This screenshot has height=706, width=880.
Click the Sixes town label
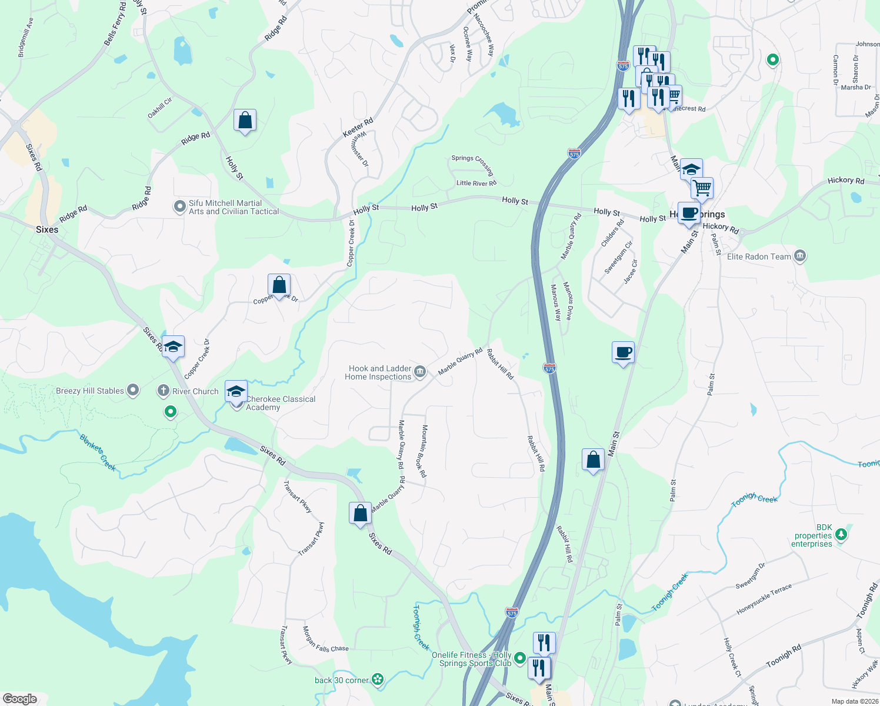coord(47,229)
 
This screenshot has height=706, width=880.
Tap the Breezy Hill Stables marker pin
coord(133,390)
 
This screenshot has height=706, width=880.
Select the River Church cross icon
coord(164,391)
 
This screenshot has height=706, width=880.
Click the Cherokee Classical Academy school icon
coord(236,391)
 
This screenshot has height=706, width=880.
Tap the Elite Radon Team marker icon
coord(799,256)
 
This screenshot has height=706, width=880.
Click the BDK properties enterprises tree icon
coord(842,534)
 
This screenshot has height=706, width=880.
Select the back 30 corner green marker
coord(378,680)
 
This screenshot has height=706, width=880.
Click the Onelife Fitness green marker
coord(519,658)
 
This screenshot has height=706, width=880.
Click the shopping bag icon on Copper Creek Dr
coord(279,285)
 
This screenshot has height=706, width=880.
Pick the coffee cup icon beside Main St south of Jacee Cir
coord(623,353)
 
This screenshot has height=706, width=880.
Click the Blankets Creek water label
coord(98,452)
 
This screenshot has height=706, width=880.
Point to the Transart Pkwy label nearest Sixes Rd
coord(297,497)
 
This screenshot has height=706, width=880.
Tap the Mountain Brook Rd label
coord(424,451)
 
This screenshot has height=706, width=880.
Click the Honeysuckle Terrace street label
coord(764,600)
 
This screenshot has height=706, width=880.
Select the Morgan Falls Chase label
coord(325,640)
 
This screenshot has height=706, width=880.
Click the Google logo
coord(20,698)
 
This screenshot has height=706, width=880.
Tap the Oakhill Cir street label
coord(159,108)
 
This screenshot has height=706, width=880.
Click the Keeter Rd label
coord(358,128)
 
